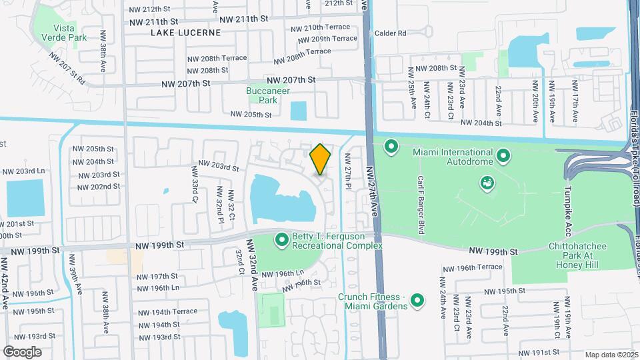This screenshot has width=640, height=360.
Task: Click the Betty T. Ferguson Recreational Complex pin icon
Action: [281, 239]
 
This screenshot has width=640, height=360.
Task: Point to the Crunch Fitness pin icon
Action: [418, 301]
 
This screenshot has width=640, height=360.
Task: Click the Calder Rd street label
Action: [391, 33]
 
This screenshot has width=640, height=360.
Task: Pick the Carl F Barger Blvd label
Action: [421, 205]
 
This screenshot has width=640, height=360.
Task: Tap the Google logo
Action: [22, 351]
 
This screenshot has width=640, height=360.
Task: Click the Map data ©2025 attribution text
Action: [612, 354]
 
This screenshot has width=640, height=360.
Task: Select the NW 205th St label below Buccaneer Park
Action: [251, 114]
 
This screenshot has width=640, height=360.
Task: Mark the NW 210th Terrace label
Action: [317, 28]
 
